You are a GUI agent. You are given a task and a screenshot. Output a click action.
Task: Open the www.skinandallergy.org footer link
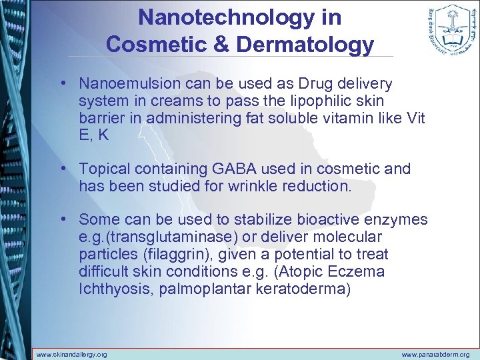click(71, 354)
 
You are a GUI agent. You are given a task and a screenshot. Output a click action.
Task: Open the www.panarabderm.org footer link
click(435, 354)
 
